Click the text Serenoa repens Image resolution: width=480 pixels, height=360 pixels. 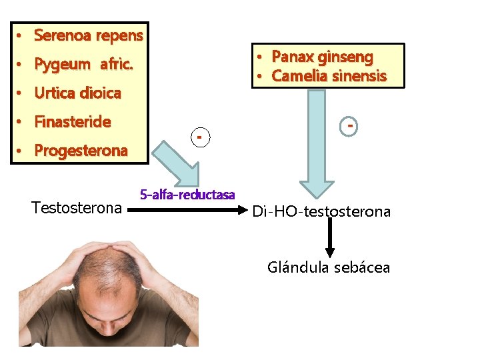tap(88, 35)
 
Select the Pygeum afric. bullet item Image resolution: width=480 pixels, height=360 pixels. tap(83, 65)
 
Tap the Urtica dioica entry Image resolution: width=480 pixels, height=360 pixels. tap(77, 93)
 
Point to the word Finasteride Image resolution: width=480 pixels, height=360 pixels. tap(72, 122)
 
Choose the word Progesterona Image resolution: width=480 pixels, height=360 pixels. tap(80, 151)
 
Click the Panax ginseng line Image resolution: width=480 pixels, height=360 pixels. tap(322, 57)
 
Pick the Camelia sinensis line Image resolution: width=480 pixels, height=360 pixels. tap(329, 76)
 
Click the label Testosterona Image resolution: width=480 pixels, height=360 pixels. tap(77, 207)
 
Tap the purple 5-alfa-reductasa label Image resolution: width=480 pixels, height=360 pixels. tap(187, 195)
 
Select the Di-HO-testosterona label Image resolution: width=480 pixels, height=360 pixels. tap(321, 212)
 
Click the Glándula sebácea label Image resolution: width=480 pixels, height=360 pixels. tap(329, 268)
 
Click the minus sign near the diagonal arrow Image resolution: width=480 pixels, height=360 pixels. tap(199, 137)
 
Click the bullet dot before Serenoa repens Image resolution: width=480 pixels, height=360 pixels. tap(21, 35)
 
